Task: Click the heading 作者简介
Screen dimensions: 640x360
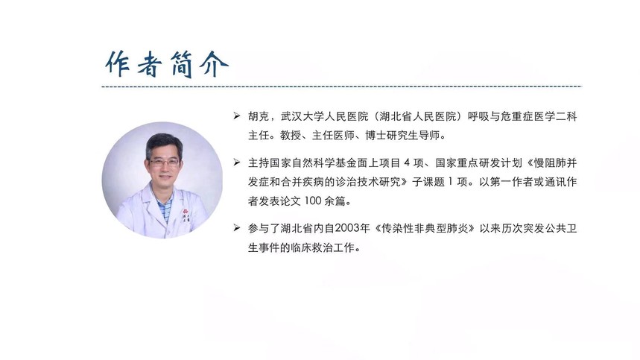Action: (x=167, y=65)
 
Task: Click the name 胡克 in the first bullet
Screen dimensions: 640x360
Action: (x=259, y=117)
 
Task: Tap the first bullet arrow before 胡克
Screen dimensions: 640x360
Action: (x=237, y=116)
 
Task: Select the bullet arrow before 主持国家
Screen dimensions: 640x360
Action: (x=237, y=162)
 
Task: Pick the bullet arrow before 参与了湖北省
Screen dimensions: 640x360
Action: (x=237, y=228)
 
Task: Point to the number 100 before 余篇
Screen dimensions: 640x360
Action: (x=313, y=201)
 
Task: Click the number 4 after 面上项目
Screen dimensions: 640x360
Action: (x=407, y=162)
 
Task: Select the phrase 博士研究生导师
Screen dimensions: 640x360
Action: (x=402, y=136)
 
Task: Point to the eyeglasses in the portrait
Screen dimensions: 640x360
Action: (x=164, y=162)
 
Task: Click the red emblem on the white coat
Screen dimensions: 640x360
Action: (x=186, y=212)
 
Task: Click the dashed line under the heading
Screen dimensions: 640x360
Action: (x=341, y=86)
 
